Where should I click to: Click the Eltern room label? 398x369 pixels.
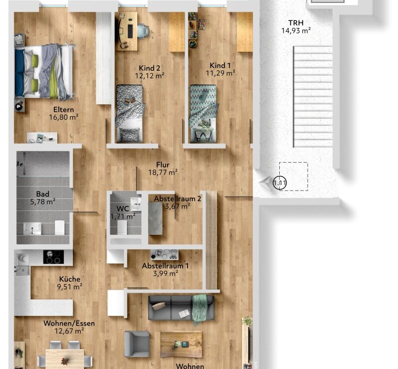click(63, 110)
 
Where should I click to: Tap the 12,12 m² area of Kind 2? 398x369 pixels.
click(150, 76)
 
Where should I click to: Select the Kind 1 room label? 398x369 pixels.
click(220, 65)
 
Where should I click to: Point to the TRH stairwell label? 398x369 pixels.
click(296, 23)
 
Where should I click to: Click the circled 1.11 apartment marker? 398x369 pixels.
click(280, 183)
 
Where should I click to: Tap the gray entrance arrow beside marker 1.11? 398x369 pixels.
click(265, 183)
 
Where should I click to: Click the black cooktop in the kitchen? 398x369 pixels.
click(53, 257)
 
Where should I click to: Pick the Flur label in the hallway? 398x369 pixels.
click(163, 165)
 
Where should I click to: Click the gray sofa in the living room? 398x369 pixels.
click(181, 308)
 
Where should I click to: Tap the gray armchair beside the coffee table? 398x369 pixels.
click(137, 344)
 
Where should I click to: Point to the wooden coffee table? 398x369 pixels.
click(182, 344)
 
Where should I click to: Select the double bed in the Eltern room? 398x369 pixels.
click(44, 71)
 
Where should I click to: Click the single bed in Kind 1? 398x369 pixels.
click(203, 113)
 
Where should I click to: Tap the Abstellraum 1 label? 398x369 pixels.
click(165, 266)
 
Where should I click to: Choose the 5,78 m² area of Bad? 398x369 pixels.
click(43, 202)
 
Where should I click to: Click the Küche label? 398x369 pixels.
click(69, 279)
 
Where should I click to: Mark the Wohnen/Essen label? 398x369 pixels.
click(69, 323)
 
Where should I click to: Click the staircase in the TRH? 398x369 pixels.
click(313, 97)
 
